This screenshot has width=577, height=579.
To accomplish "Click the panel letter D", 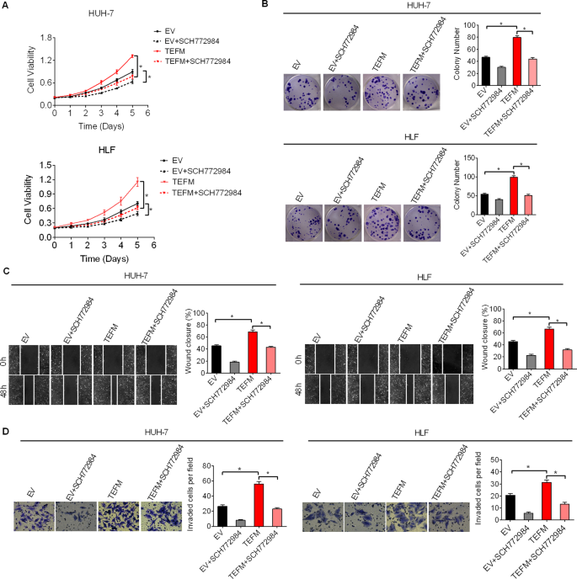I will (8, 432).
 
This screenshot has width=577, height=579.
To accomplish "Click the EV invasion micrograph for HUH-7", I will (33, 516).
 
